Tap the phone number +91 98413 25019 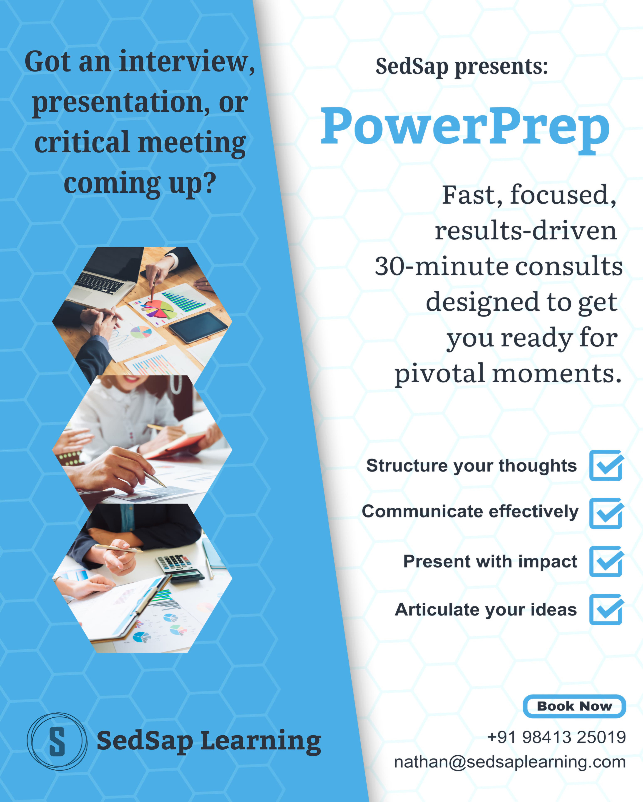pos(557,737)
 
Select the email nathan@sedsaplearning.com pos(510,762)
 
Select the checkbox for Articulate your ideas pos(606,609)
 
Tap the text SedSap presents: pos(462,67)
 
